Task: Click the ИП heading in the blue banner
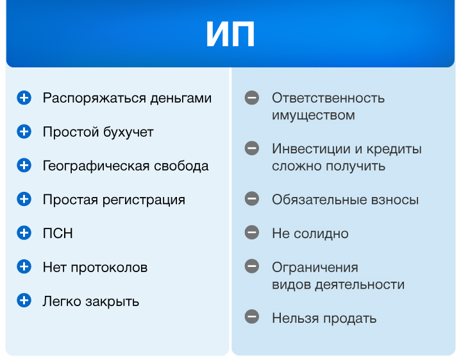point(230,34)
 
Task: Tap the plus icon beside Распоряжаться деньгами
point(24,98)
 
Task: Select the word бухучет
point(128,132)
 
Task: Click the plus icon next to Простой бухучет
point(24,132)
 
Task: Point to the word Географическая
point(96,166)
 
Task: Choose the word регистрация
point(144,200)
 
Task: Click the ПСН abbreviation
point(58,234)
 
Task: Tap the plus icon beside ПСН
point(24,233)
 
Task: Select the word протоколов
point(109,268)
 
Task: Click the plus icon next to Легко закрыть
point(24,300)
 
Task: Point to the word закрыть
point(112,302)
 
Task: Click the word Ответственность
point(328,98)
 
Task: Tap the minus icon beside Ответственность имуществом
point(252,98)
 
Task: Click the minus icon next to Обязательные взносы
point(252,199)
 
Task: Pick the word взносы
point(394,200)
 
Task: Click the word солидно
point(321,234)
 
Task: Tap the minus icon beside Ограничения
point(252,266)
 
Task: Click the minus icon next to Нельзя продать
point(252,317)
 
